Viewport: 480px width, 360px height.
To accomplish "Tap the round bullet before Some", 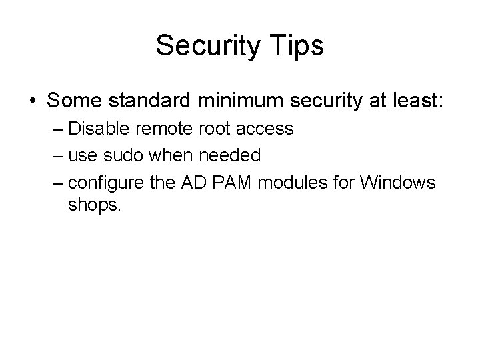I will (33, 101).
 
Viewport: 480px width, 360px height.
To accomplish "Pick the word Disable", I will (95, 129).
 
